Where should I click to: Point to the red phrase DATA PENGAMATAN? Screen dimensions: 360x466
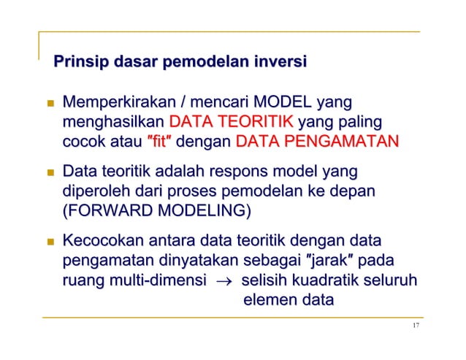[317, 140]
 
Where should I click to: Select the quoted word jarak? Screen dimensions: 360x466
[324, 261]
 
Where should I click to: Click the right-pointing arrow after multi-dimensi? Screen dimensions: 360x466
[222, 280]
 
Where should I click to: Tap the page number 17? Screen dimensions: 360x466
[416, 326]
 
